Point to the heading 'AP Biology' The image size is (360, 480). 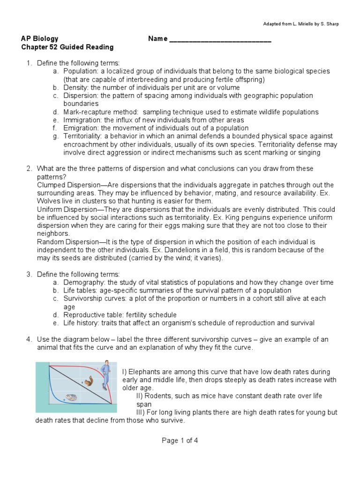[40, 39]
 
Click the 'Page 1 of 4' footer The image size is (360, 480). [180, 440]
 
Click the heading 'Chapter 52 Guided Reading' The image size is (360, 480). [67, 47]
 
